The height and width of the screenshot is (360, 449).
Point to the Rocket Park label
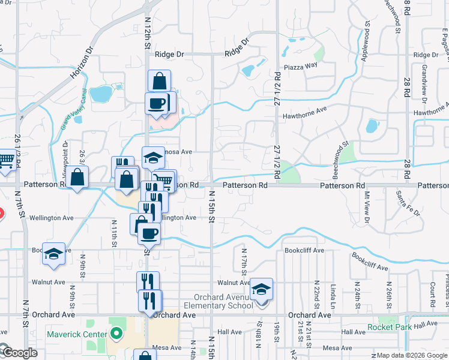click(390, 327)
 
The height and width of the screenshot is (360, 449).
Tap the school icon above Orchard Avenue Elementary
click(262, 289)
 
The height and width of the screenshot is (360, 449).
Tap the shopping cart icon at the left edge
click(5, 160)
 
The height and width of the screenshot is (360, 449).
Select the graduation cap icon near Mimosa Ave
click(154, 158)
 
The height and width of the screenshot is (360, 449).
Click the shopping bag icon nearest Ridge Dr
click(160, 80)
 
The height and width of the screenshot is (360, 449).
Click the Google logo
click(19, 353)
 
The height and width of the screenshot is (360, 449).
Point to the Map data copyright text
click(409, 355)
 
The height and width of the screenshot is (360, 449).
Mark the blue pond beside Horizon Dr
click(100, 94)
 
